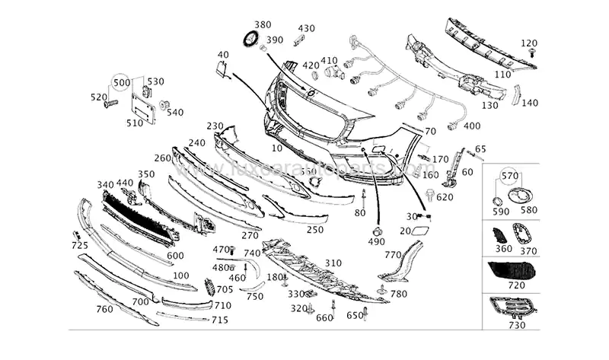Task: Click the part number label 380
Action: point(262,24)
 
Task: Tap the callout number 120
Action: point(529,43)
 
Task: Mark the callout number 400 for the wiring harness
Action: point(471,125)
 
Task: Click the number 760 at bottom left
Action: point(104,309)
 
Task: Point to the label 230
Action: point(215,126)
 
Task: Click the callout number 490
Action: point(376,241)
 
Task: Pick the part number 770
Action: point(392,255)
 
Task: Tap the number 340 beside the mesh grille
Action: point(105,184)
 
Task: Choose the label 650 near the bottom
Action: point(355,315)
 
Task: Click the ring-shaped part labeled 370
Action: point(525,233)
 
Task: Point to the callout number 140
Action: point(530,103)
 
